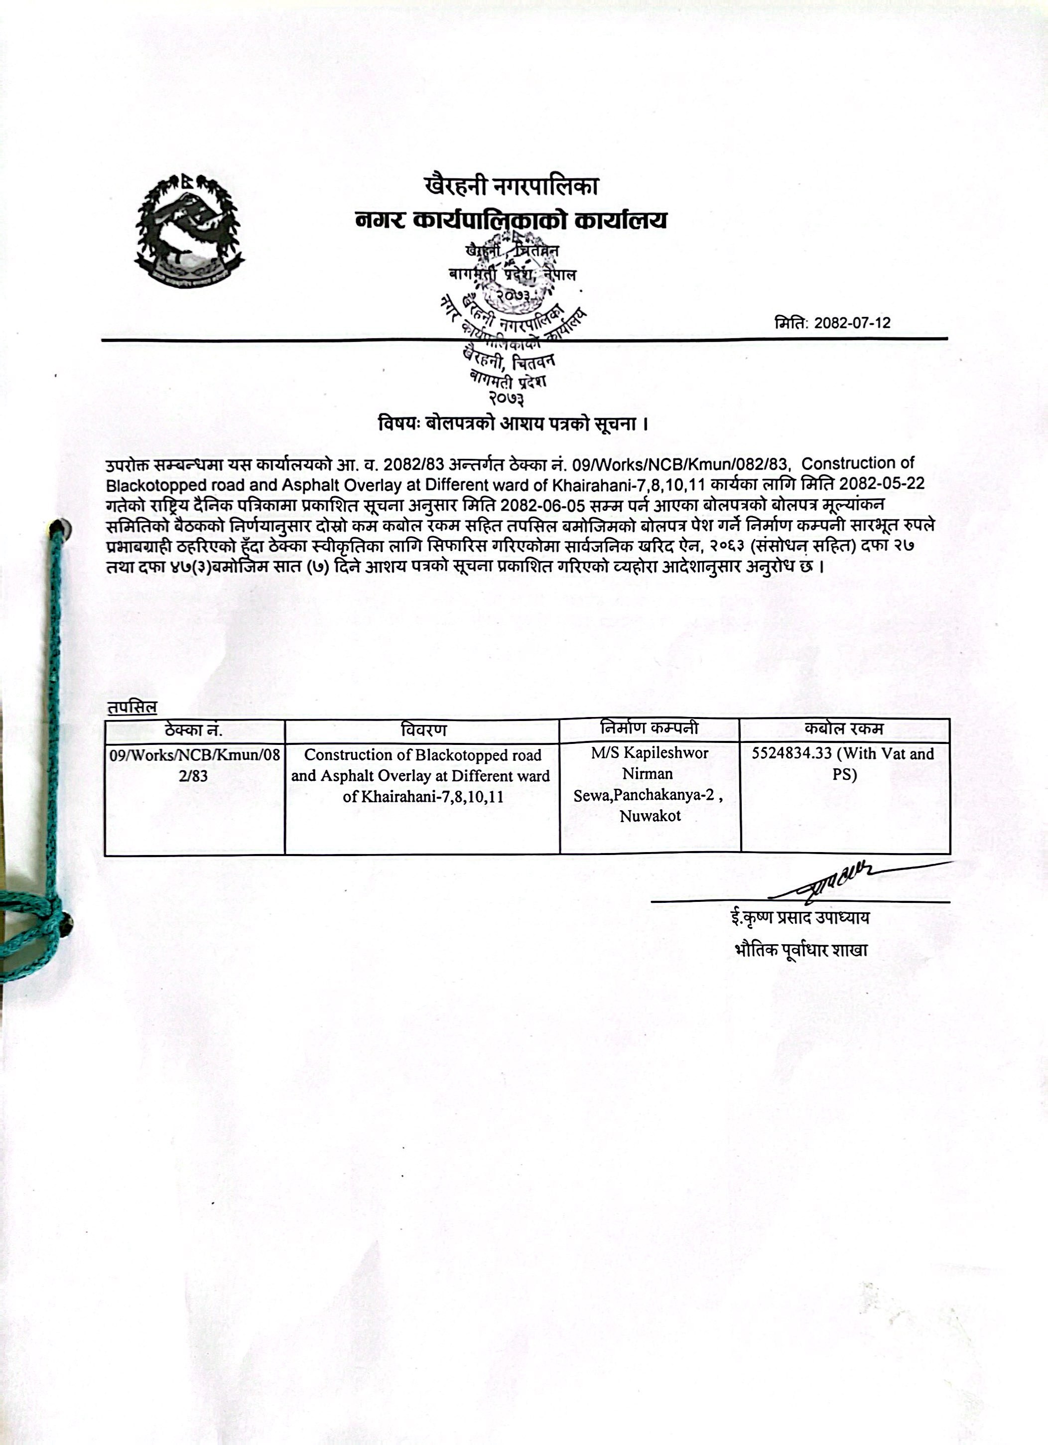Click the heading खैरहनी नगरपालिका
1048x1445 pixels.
512,187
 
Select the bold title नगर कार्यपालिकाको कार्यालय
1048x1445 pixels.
512,220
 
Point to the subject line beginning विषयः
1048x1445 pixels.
513,424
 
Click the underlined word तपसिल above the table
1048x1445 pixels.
132,707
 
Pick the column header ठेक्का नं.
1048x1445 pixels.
194,730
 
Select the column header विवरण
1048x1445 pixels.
423,730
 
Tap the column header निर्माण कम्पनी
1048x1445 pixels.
649,728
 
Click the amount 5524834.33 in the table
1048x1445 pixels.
792,754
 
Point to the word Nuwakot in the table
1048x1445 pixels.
650,816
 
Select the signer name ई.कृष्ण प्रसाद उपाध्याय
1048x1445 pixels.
799,918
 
